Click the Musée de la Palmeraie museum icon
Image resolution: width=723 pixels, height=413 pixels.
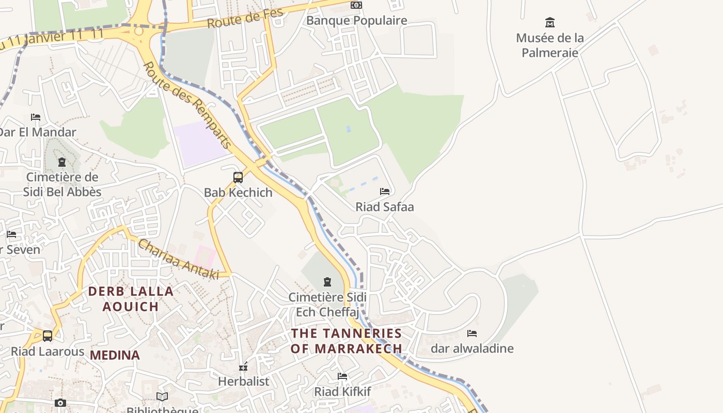pos(550,23)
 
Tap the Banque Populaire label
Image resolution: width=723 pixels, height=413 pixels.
pos(356,21)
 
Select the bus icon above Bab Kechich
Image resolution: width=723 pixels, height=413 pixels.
pos(238,178)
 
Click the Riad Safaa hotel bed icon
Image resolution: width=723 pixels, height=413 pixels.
pos(385,192)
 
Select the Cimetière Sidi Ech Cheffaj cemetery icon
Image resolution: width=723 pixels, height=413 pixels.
pos(327,282)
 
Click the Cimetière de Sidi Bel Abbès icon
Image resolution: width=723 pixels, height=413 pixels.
pos(62,162)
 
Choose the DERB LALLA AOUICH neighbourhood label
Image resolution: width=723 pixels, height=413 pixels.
pos(131,299)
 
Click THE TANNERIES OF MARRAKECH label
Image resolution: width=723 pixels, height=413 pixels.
pos(346,341)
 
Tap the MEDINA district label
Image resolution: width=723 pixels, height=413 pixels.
pos(115,355)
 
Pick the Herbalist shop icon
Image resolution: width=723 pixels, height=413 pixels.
pos(243,367)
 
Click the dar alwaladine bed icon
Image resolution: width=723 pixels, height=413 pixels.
pos(472,333)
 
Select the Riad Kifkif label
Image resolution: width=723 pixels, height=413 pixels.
pos(342,392)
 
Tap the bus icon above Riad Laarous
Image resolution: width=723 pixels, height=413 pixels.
pos(48,336)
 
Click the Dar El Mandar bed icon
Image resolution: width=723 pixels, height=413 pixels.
pos(36,117)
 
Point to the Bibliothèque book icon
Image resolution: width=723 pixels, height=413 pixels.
pos(162,396)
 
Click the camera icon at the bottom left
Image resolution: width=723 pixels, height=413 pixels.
pos(60,403)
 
